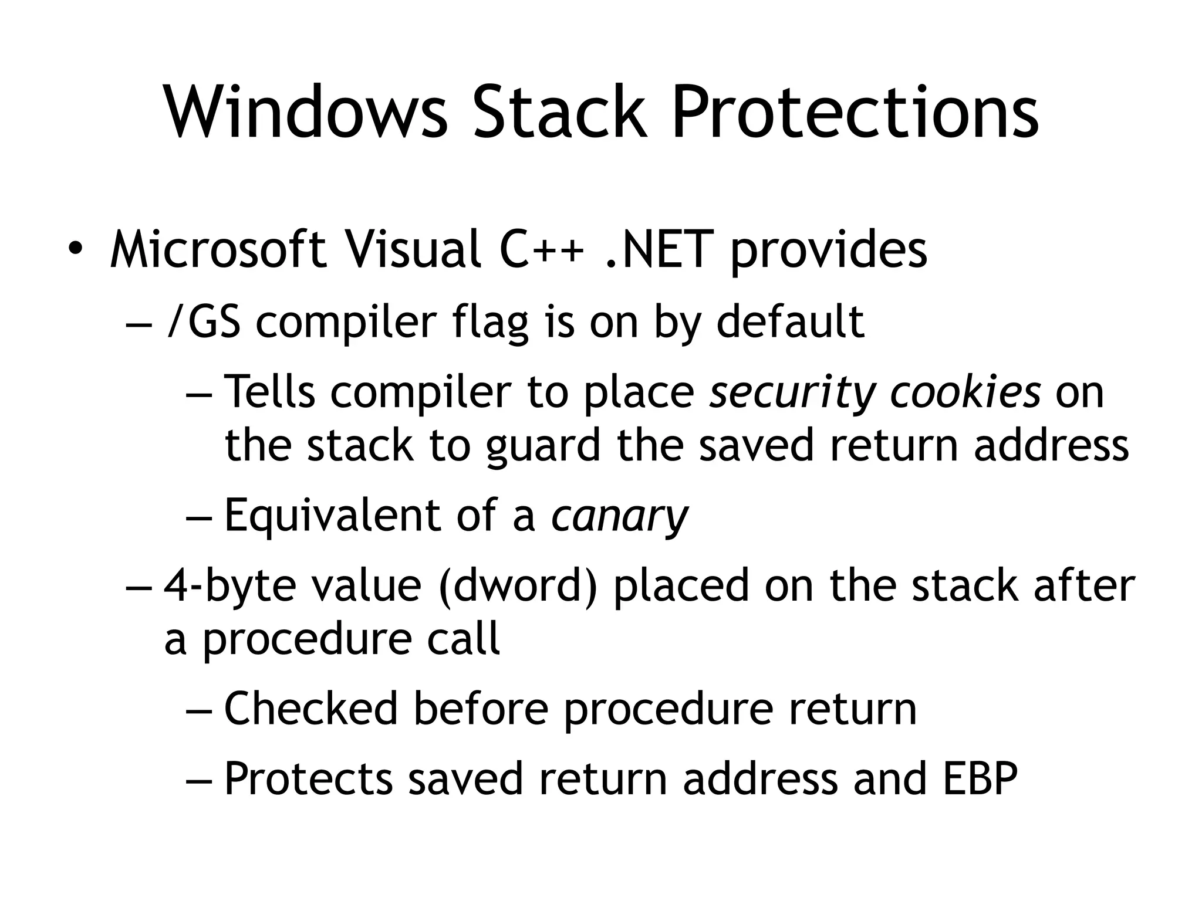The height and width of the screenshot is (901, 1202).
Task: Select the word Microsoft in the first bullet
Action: (x=218, y=250)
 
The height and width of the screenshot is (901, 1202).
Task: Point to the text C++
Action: (x=542, y=250)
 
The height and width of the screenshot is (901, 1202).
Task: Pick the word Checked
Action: (x=311, y=709)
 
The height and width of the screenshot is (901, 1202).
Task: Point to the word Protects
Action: (x=308, y=779)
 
